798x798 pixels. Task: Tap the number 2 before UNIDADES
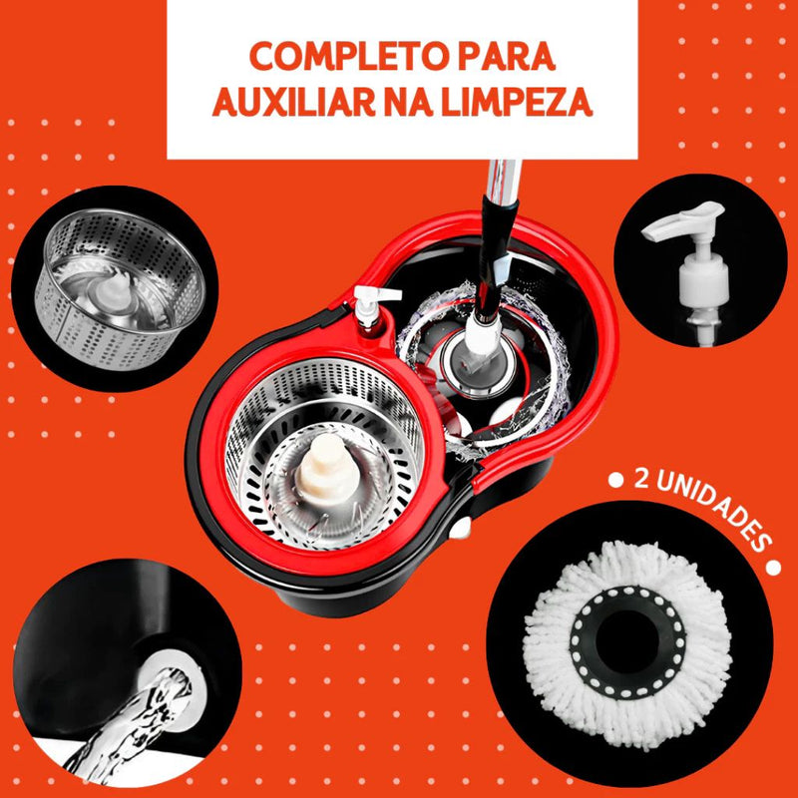click(x=641, y=479)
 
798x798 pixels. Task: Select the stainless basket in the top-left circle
click(x=120, y=288)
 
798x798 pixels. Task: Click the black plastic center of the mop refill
click(x=627, y=641)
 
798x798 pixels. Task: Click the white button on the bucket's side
click(x=461, y=529)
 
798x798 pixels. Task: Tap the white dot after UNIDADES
click(x=772, y=568)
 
